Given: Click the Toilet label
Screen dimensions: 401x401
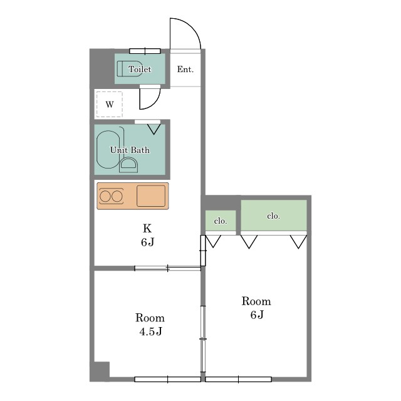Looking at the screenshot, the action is pos(140,69).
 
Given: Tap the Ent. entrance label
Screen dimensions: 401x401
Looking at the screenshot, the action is pos(185,69).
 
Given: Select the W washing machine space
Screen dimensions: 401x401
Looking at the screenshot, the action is pos(110,105).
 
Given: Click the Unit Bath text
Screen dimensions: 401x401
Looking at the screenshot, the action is pos(130,150).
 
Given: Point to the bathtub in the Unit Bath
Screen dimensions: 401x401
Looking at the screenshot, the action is pos(108,150).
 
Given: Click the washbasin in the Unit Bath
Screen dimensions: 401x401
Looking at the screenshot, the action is pos(128,165).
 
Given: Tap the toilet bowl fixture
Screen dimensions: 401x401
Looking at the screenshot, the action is pos(130,68).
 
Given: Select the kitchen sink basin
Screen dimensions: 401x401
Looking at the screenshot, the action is pos(151,196).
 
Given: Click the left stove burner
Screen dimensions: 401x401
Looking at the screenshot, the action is pos(105,196).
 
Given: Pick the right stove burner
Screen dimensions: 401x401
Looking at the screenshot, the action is pos(117,196).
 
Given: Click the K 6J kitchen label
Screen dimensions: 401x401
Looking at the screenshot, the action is pos(148,235).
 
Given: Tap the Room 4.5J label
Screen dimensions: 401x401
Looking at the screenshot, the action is pos(150,325).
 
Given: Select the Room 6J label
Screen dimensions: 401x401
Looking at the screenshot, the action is pos(256,308).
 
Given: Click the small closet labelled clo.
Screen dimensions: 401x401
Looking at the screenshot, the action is pos(221,221).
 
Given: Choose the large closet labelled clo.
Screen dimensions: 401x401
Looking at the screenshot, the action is pos(274,216).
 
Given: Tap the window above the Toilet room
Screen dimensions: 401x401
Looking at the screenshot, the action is pos(145,51).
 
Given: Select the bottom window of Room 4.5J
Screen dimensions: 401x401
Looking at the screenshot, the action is pos(167,379).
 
